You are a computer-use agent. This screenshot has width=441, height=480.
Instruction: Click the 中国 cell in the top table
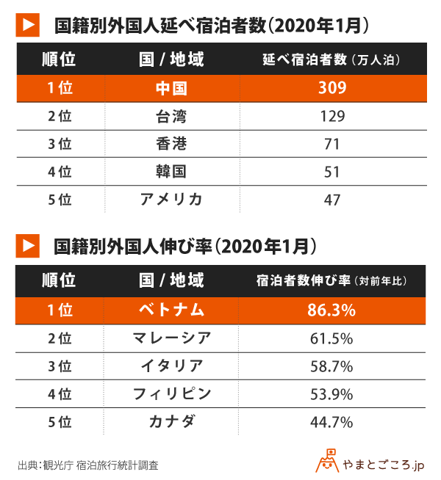pyautogui.click(x=171, y=88)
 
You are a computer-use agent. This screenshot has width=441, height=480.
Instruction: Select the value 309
pyautogui.click(x=331, y=88)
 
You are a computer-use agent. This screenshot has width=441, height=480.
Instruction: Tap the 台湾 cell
pyautogui.click(x=171, y=116)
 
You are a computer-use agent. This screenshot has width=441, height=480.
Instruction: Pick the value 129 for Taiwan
pyautogui.click(x=331, y=116)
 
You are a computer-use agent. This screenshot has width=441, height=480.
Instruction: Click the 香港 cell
pyautogui.click(x=171, y=144)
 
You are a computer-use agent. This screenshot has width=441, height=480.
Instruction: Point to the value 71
pyautogui.click(x=331, y=144)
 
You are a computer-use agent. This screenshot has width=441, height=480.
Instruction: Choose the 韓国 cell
pyautogui.click(x=171, y=172)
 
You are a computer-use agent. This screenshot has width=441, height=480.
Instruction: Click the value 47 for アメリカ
pyautogui.click(x=331, y=199)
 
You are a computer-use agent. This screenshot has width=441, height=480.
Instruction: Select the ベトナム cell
pyautogui.click(x=171, y=310)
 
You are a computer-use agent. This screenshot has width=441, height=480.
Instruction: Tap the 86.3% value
pyautogui.click(x=331, y=310)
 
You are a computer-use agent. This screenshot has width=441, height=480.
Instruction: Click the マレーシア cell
pyautogui.click(x=171, y=338)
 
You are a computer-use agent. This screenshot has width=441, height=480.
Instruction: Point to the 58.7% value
pyautogui.click(x=331, y=366)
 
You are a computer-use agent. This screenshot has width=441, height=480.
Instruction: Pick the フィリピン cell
pyautogui.click(x=171, y=393)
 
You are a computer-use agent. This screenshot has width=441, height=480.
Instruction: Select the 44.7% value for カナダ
pyautogui.click(x=331, y=421)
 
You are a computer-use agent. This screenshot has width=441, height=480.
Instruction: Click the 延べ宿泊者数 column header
pyautogui.click(x=331, y=59)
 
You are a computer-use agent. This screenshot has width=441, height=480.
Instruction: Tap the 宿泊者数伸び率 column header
pyautogui.click(x=331, y=281)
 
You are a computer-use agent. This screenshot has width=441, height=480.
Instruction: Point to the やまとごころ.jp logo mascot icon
pyautogui.click(x=327, y=460)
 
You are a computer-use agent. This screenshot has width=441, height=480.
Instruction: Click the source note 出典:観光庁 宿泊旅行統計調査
pyautogui.click(x=87, y=465)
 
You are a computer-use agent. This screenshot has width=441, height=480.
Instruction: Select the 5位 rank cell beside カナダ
pyautogui.click(x=59, y=421)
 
